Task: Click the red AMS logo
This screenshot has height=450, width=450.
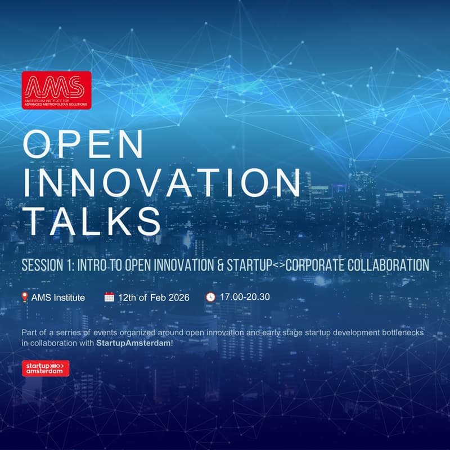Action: point(56,89)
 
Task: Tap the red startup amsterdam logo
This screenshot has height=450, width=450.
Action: point(46,368)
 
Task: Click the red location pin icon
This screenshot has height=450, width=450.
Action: point(25,296)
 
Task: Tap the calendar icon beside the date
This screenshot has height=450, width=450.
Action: point(109,296)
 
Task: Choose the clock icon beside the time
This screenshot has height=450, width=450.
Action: point(211,296)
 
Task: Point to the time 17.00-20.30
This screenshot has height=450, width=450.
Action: point(245,296)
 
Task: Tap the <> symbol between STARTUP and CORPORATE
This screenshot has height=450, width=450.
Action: point(278,265)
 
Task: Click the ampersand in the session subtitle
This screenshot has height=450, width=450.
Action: point(218,265)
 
